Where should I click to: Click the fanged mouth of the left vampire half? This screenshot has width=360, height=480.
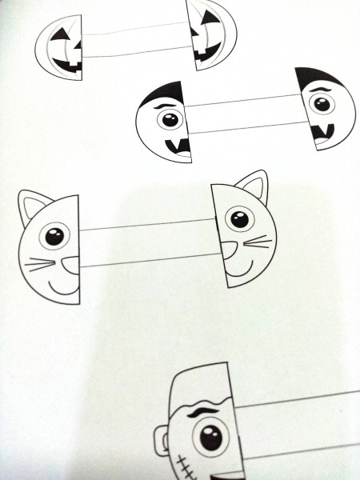[x=178, y=147]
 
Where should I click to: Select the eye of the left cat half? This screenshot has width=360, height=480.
[x=54, y=237]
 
